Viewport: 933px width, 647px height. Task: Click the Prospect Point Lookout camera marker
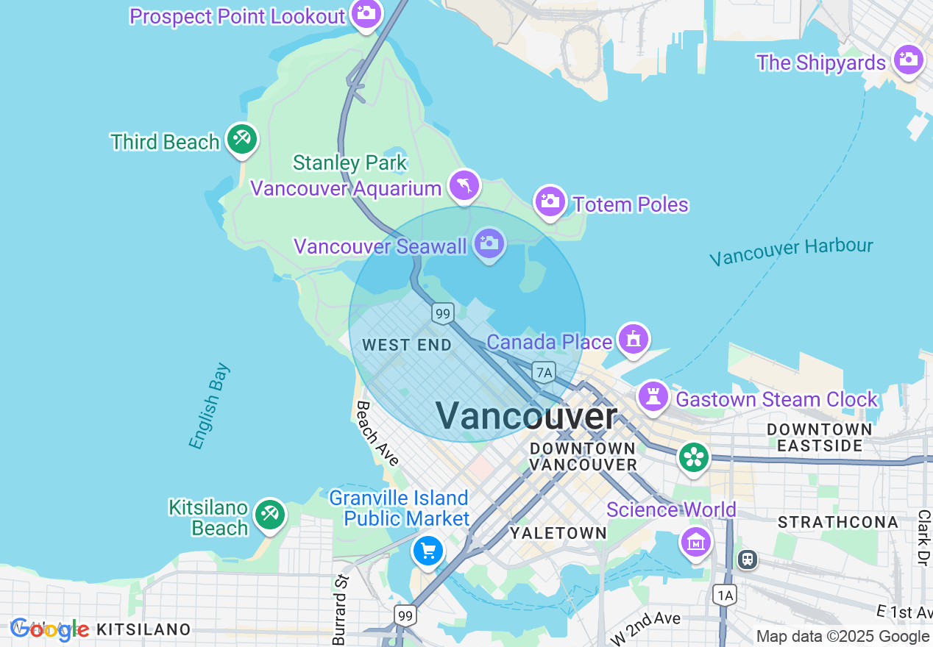(366, 13)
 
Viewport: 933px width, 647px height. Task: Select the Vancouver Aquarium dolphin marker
(464, 185)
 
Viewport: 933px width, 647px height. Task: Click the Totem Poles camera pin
(550, 201)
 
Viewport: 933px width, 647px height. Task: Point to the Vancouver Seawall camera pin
(489, 243)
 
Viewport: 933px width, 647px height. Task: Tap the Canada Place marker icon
(633, 339)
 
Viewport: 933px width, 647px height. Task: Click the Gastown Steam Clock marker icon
(652, 397)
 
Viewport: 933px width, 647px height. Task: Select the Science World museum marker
(695, 542)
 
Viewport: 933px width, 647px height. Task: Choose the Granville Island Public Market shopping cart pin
(428, 550)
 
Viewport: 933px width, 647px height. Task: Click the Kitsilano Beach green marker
(269, 515)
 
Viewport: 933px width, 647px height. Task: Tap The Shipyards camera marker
(909, 60)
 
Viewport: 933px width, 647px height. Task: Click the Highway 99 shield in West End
(441, 314)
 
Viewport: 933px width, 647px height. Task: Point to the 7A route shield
(544, 373)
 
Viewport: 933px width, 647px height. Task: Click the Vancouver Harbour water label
(791, 251)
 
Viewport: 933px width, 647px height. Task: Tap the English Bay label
(209, 406)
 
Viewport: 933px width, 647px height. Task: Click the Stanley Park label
(350, 162)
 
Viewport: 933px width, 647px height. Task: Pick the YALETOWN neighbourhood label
(558, 533)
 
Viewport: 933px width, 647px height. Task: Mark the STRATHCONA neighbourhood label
(838, 522)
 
